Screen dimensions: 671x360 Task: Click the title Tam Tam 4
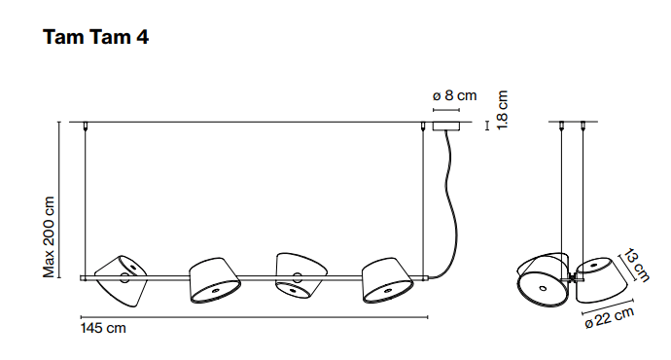pos(95,37)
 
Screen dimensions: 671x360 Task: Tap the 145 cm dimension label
pos(103,328)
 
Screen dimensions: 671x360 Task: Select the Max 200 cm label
pos(50,236)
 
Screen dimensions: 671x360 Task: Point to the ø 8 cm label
pos(454,95)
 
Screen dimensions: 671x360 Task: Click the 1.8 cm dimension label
pos(502,110)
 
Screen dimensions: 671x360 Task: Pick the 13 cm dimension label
pos(636,266)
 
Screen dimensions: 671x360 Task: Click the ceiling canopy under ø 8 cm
pos(446,126)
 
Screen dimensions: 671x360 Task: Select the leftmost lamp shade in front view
pos(121,281)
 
